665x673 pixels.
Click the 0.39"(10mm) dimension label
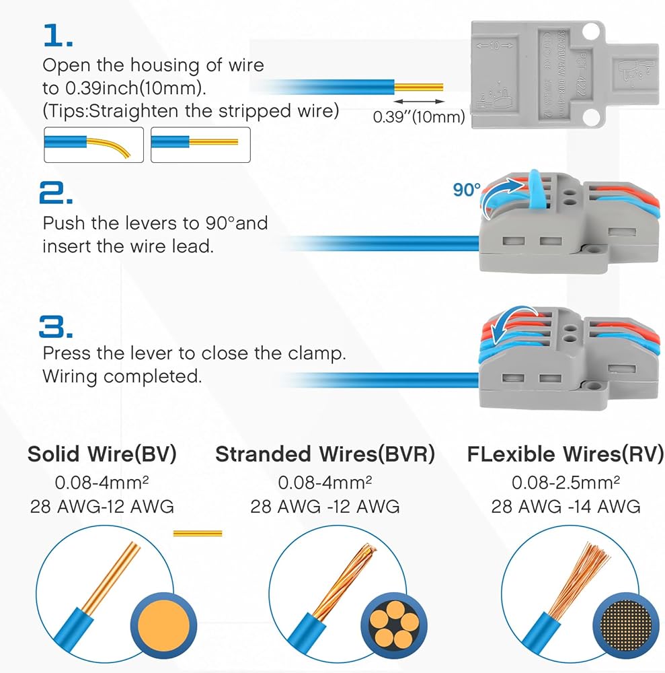coord(419,116)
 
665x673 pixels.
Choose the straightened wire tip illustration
coord(200,144)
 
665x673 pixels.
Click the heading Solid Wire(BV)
coord(102,454)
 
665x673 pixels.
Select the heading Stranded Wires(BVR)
coord(325,454)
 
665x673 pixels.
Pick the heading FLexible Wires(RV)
coord(565,454)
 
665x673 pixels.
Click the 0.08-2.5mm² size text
coord(565,483)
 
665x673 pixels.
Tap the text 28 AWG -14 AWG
coord(565,506)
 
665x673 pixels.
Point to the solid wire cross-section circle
coord(163,623)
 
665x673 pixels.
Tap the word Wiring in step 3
coord(71,376)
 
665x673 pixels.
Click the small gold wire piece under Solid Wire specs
coord(197,533)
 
